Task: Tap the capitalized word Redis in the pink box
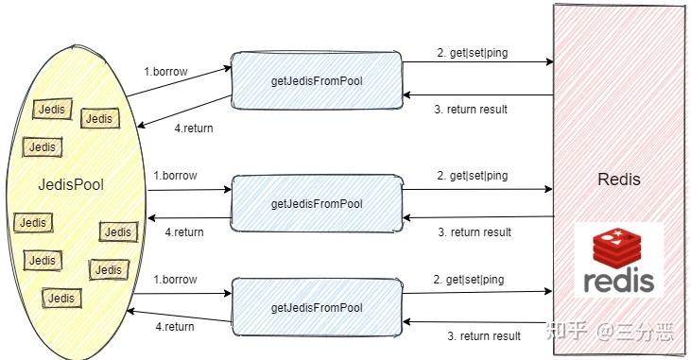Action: (619, 180)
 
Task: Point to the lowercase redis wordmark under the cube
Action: (619, 281)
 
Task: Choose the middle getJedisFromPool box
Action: (317, 203)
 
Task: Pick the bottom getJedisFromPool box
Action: (317, 307)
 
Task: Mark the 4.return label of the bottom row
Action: (174, 327)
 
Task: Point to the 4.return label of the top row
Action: (194, 129)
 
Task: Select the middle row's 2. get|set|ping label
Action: (472, 176)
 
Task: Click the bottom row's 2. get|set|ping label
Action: (469, 280)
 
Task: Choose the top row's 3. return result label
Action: (471, 110)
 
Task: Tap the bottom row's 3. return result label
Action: (484, 336)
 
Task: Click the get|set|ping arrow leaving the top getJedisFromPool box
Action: (477, 62)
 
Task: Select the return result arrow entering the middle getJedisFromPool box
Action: (477, 218)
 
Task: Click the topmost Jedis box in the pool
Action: (51, 110)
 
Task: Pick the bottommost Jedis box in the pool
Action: (61, 298)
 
